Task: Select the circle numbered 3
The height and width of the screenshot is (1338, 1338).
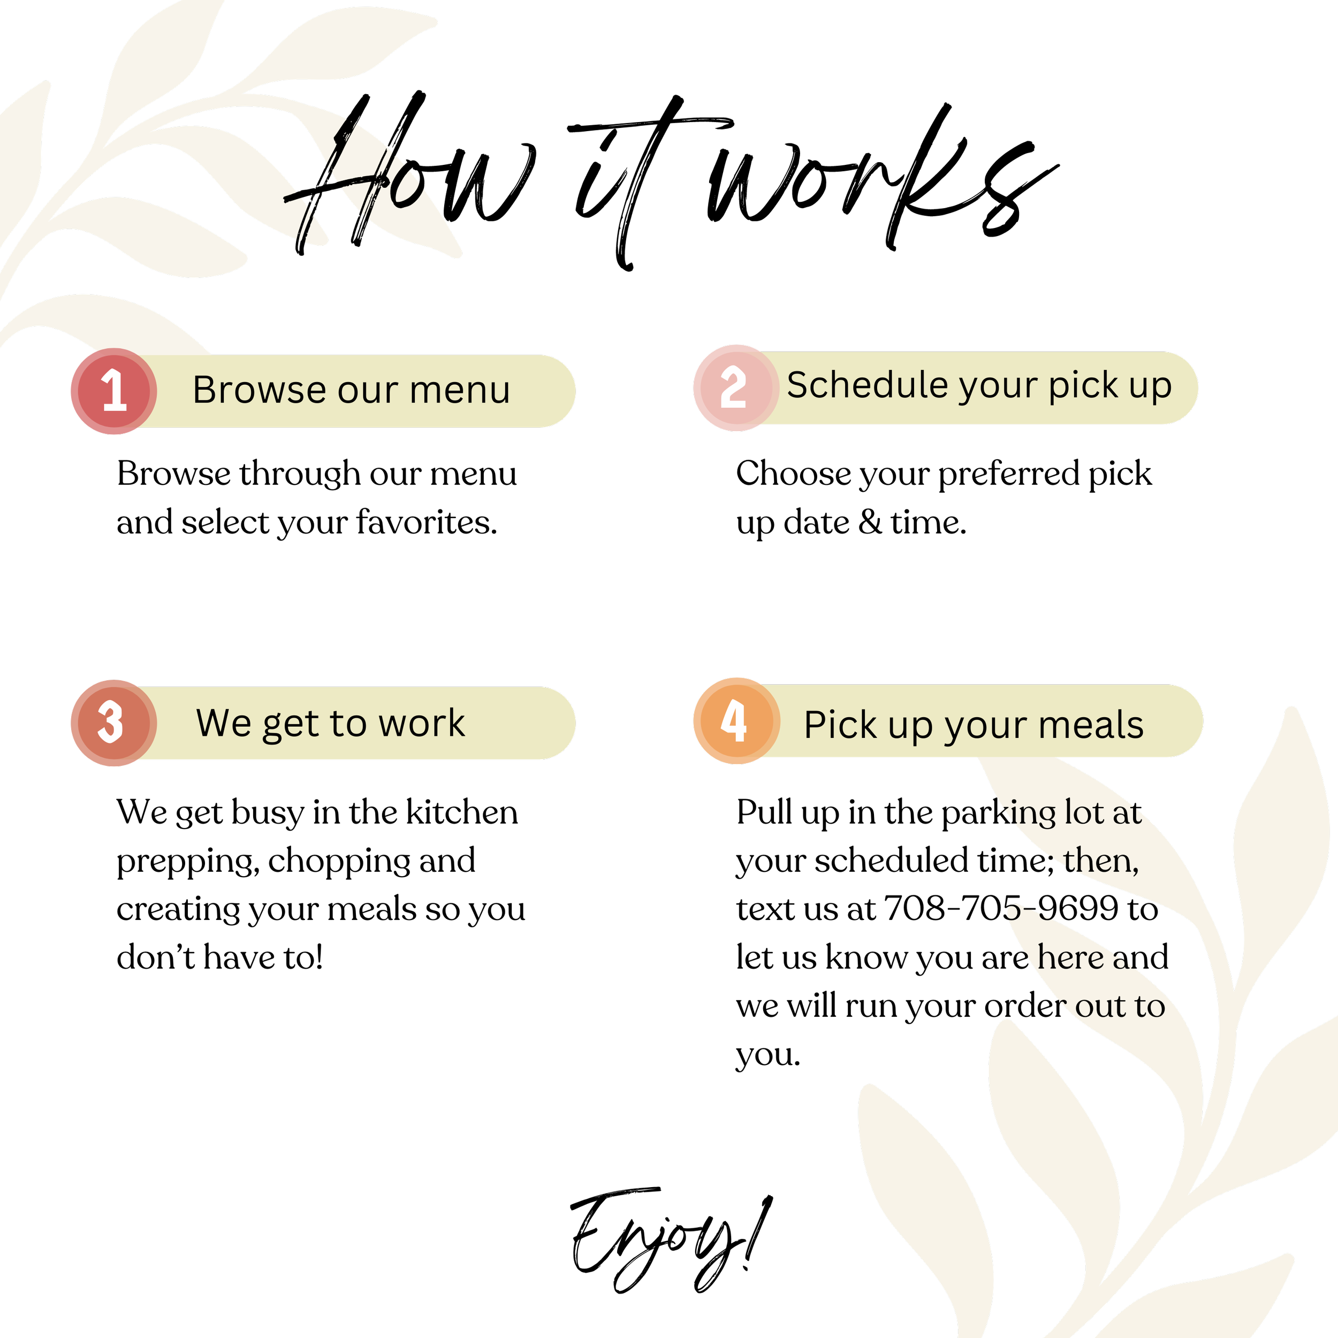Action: pos(112,723)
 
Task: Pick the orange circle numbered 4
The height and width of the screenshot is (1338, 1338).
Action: pos(735,721)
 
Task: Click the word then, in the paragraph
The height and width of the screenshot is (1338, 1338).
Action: pos(1101,861)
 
